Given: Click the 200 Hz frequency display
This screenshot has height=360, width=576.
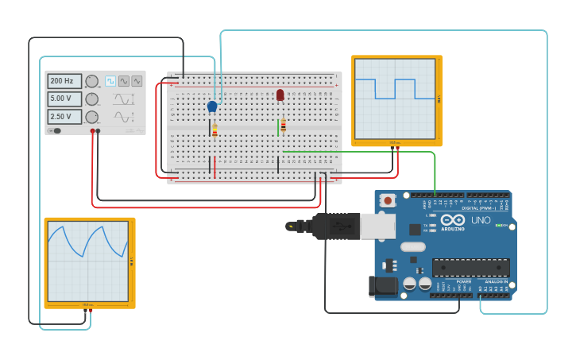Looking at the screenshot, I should click(64, 81).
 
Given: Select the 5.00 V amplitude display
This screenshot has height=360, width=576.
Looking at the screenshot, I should click(64, 99).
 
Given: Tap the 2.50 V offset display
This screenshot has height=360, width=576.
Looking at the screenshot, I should click(64, 117).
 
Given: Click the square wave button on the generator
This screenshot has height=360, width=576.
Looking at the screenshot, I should click(110, 81).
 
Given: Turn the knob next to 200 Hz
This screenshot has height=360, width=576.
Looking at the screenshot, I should click(92, 81).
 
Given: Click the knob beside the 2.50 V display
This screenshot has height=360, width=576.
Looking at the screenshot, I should click(92, 117).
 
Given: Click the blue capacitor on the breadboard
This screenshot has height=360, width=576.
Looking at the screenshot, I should click(212, 106).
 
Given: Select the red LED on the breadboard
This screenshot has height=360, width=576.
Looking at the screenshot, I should click(280, 95).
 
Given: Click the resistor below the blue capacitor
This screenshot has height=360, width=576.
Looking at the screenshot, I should click(215, 130).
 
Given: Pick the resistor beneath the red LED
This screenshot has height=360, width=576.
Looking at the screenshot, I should click(283, 125).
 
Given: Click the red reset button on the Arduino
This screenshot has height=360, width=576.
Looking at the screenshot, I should click(388, 201).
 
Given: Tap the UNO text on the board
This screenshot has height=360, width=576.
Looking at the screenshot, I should click(481, 220).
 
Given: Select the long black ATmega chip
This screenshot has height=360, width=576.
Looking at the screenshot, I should click(470, 268).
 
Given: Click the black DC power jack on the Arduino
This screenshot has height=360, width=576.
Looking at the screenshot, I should click(383, 286).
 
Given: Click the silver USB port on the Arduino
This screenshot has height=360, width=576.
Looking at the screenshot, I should click(377, 226).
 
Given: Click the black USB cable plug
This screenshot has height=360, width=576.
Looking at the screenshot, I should click(334, 226).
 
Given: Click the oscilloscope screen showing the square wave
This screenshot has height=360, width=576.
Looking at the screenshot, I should click(395, 99).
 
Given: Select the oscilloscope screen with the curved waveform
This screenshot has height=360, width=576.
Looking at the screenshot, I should click(87, 261).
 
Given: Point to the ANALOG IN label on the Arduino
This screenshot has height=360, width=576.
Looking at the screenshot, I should click(495, 281).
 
